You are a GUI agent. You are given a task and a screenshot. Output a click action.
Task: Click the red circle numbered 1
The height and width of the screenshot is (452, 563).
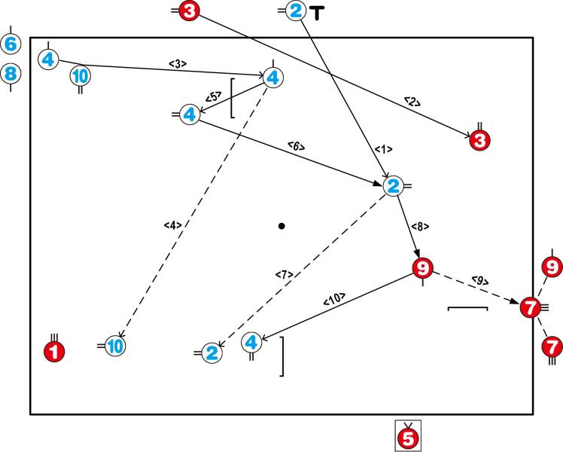tap(53, 350)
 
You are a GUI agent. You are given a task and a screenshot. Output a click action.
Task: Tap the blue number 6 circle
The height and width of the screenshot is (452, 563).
tap(11, 44)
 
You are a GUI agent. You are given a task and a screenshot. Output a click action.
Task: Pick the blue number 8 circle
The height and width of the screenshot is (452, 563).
tap(11, 74)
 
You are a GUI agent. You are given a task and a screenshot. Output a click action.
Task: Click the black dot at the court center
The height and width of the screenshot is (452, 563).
tap(281, 225)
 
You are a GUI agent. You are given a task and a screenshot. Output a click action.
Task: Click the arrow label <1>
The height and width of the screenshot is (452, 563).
tap(384, 150)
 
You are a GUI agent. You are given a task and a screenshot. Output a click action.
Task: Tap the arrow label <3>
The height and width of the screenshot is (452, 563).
tap(178, 64)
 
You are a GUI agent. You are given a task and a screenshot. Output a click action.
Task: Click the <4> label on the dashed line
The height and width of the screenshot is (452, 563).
tap(172, 224)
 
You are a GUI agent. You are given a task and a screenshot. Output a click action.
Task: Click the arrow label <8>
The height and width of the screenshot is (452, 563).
tap(420, 225)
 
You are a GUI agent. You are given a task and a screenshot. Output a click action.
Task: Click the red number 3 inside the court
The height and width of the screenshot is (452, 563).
tap(479, 139)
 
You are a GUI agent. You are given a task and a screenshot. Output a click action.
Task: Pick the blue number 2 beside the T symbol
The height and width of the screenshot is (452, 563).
tap(295, 11)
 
